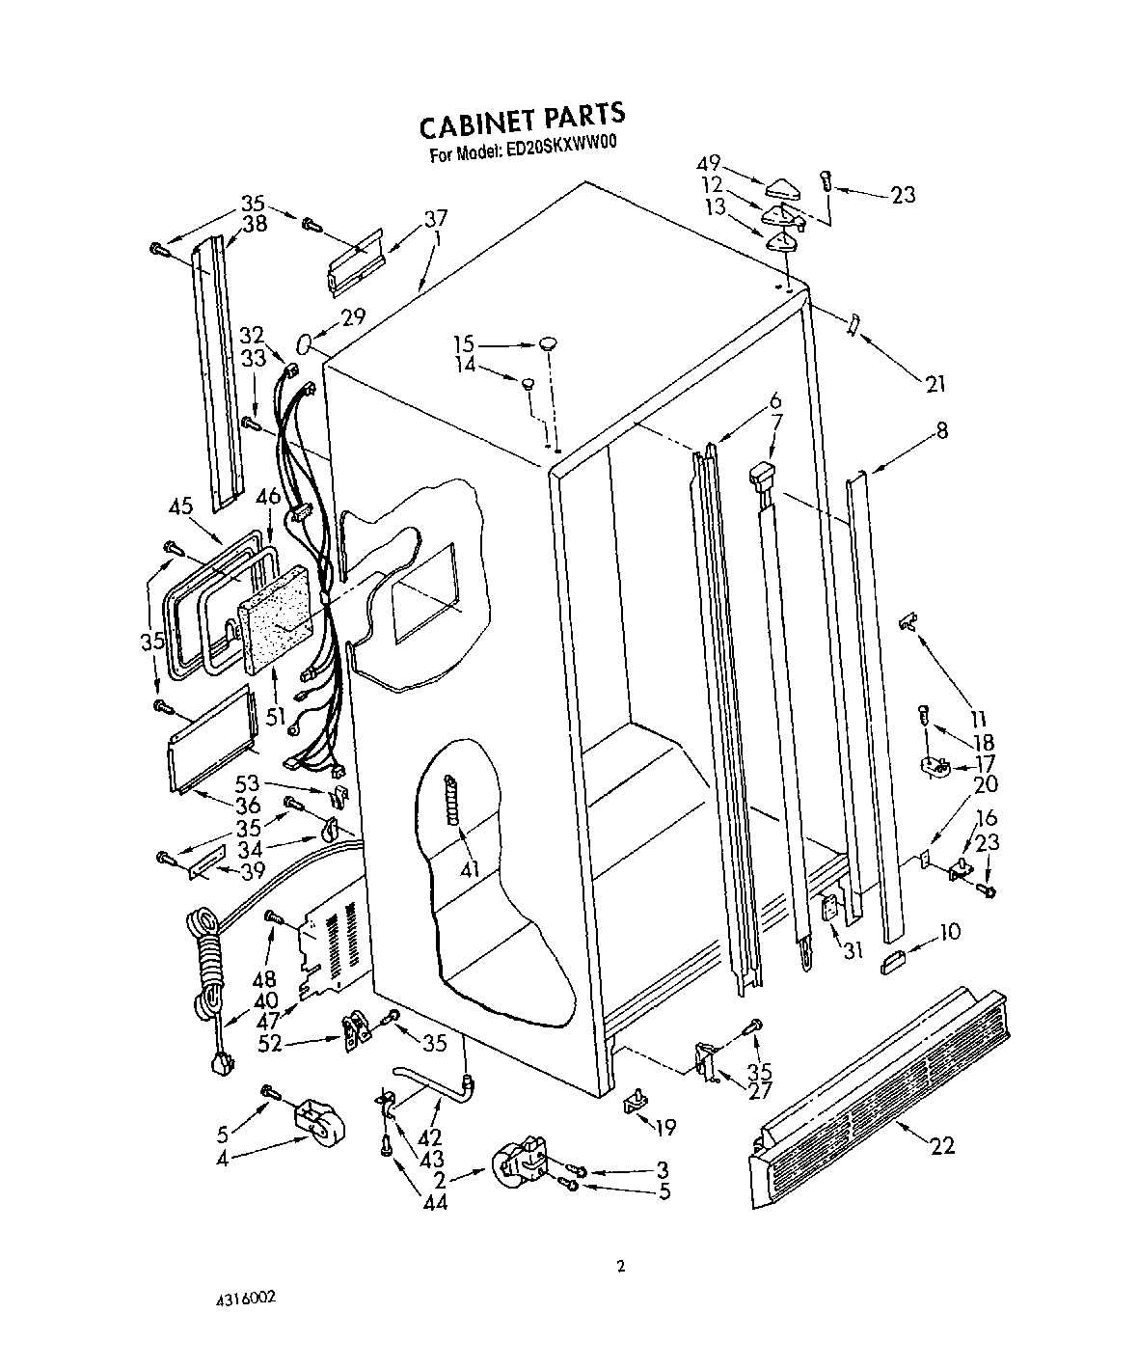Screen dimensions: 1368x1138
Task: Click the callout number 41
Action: pyautogui.click(x=469, y=869)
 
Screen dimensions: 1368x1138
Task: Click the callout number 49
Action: pyautogui.click(x=736, y=164)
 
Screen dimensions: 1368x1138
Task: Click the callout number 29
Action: pyautogui.click(x=326, y=316)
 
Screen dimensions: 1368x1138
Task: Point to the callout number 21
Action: pyautogui.click(x=934, y=385)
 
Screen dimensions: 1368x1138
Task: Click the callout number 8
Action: pyautogui.click(x=941, y=431)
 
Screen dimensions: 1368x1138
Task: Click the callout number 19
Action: pyautogui.click(x=664, y=1126)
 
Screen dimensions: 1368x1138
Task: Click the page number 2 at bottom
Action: pyautogui.click(x=621, y=1267)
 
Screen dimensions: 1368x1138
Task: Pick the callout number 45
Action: pyautogui.click(x=179, y=505)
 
